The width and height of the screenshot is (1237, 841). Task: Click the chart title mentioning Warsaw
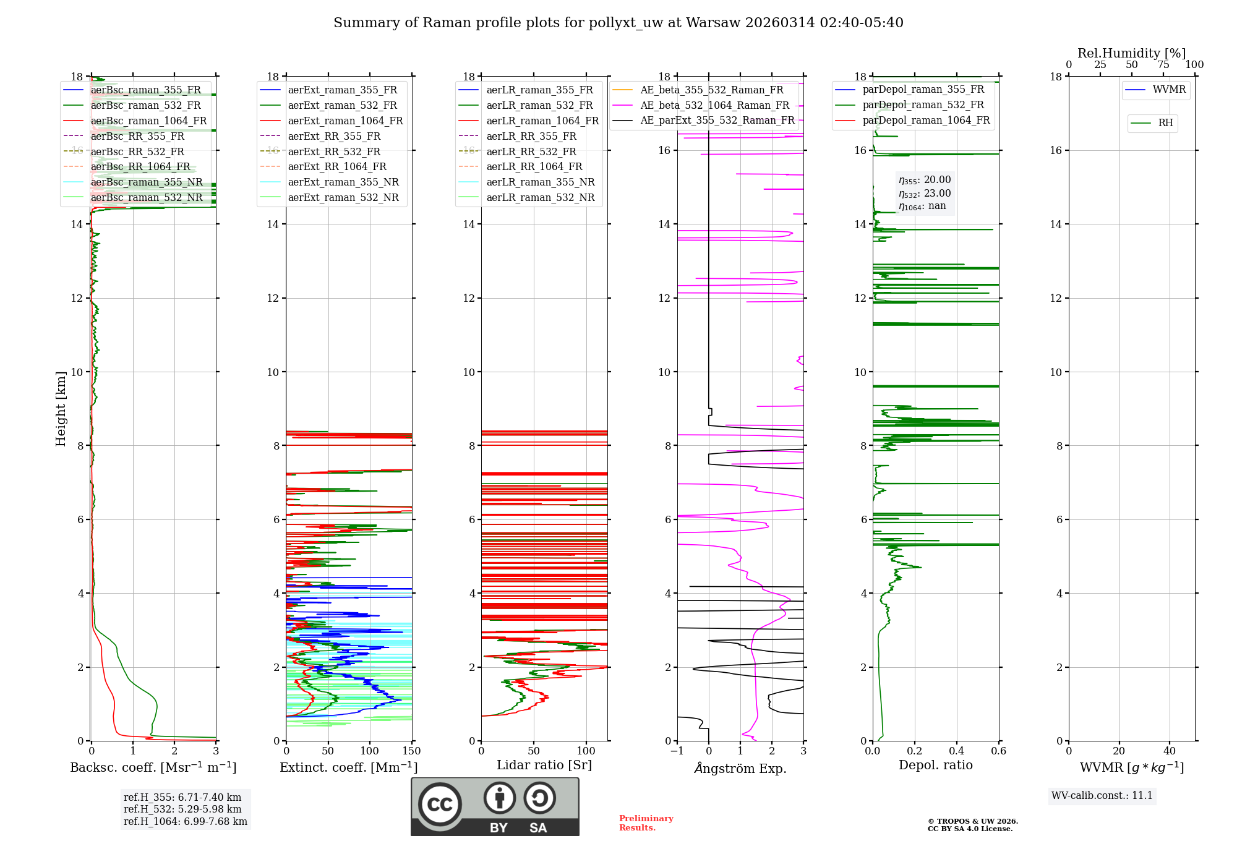(x=618, y=23)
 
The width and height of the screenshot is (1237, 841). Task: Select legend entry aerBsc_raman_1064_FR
(x=148, y=121)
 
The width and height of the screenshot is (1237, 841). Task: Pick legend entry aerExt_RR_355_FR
(x=334, y=136)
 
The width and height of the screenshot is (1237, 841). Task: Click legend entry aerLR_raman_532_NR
(x=540, y=197)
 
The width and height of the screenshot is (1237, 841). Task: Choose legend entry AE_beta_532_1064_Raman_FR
(x=714, y=105)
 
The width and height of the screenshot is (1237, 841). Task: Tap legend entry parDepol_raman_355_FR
(x=923, y=89)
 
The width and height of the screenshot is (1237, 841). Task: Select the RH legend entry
(x=1165, y=123)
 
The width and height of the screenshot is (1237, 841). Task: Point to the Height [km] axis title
(x=61, y=408)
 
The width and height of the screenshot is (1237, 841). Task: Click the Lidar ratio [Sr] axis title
(x=544, y=765)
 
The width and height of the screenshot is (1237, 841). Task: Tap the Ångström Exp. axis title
(x=740, y=769)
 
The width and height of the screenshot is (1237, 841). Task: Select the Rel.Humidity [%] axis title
(x=1131, y=53)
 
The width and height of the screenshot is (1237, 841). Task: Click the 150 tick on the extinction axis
(x=411, y=751)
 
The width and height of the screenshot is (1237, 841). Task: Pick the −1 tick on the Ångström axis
(x=677, y=751)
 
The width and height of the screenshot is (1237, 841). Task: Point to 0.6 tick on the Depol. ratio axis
(x=998, y=751)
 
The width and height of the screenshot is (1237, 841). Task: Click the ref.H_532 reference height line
(x=182, y=809)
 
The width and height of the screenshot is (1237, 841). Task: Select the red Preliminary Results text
(x=646, y=823)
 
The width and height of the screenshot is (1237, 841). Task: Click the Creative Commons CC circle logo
(x=440, y=804)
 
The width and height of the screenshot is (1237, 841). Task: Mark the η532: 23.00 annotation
(x=925, y=193)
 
